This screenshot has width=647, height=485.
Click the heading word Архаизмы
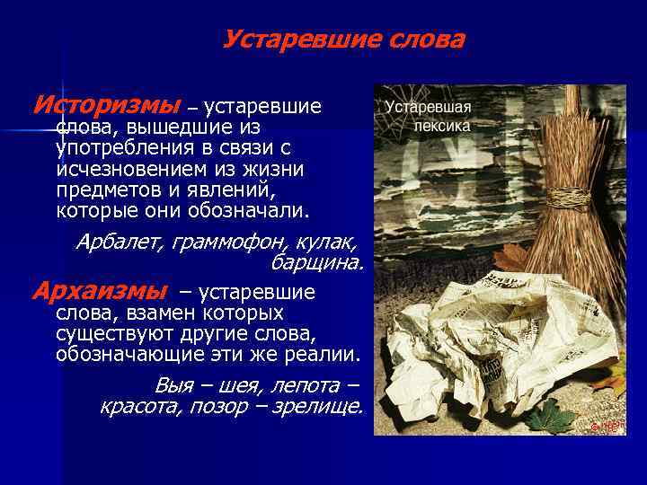[99, 292]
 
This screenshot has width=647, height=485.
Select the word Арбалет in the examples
[114, 242]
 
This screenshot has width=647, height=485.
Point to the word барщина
[317, 262]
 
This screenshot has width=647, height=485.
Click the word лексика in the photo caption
[442, 126]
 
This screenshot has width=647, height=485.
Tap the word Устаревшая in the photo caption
[429, 107]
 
